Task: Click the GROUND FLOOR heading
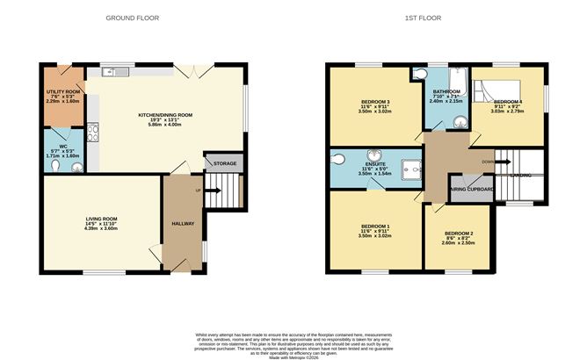click(x=126, y=18)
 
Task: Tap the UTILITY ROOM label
click(x=63, y=91)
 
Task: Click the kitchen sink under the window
click(x=112, y=73)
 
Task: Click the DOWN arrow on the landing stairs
click(x=488, y=162)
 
